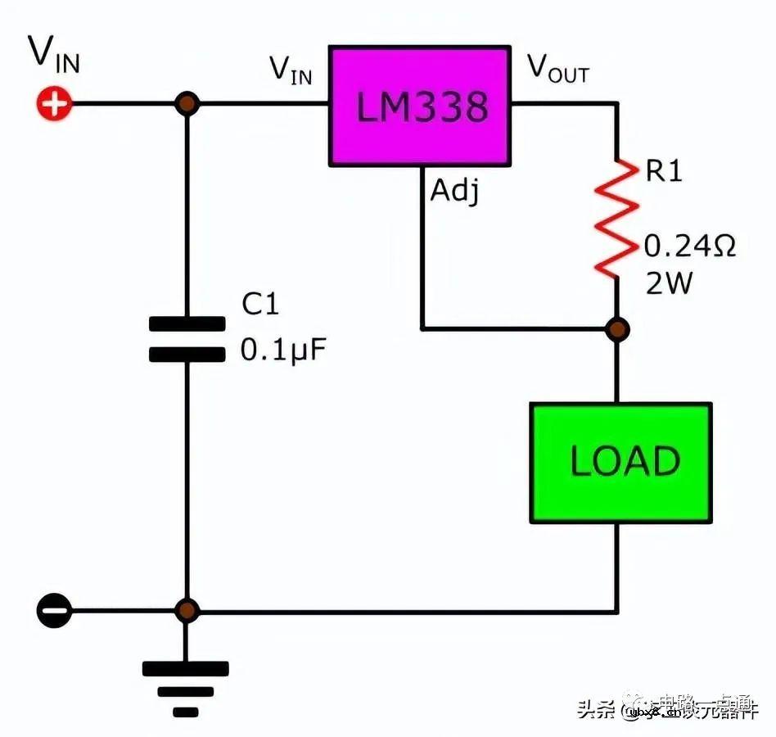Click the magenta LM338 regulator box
419,106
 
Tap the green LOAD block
620,463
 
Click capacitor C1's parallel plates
187,339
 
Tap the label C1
260,305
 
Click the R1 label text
663,172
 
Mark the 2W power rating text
668,283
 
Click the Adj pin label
454,192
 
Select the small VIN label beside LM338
291,70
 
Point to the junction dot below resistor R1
618,329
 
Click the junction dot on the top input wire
187,104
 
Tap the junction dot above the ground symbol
187,611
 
